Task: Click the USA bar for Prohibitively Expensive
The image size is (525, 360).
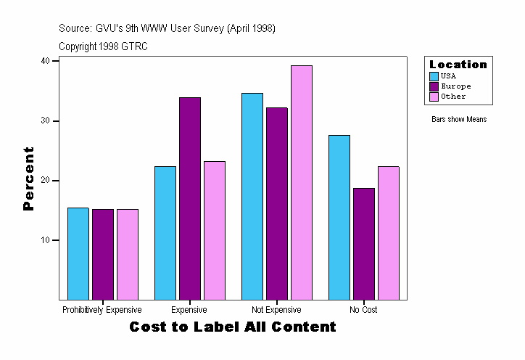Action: (78, 253)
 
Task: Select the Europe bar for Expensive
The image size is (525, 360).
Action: (189, 198)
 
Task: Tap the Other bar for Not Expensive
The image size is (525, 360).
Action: (301, 182)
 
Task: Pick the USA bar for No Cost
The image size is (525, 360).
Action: (339, 217)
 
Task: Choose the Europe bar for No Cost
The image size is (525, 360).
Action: (363, 243)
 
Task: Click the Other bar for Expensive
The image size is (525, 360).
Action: (214, 230)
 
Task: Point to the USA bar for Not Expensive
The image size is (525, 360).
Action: (252, 196)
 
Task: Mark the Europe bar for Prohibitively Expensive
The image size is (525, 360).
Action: (102, 254)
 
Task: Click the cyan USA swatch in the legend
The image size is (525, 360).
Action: (434, 76)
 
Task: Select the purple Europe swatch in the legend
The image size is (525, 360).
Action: (434, 86)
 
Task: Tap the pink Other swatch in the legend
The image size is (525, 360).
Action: (434, 97)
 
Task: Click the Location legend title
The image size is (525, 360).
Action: (458, 65)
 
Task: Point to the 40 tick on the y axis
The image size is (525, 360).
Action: (45, 61)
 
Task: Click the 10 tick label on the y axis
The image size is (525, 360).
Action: (45, 240)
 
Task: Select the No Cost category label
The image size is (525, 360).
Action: (363, 310)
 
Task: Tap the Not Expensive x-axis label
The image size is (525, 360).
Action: (276, 310)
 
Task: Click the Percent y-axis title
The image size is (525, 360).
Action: (29, 179)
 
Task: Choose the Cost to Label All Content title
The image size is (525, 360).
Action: (233, 327)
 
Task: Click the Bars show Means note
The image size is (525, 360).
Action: (459, 120)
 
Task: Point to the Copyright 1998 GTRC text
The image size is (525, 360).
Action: (104, 46)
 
